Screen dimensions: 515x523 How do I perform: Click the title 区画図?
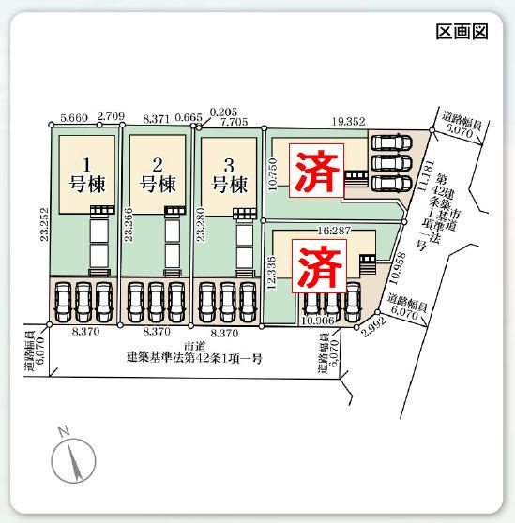click(462, 32)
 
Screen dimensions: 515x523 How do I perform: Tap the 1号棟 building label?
click(87, 175)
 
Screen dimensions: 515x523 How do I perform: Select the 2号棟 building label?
click(158, 175)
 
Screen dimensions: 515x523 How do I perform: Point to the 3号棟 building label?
click(230, 176)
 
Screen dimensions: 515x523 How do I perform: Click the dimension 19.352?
click(348, 122)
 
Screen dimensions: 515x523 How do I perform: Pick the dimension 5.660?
click(74, 117)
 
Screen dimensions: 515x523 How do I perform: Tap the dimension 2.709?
click(111, 116)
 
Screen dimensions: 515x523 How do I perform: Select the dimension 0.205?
click(223, 112)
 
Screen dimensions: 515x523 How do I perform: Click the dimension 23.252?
click(44, 224)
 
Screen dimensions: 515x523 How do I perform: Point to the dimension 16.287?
click(334, 231)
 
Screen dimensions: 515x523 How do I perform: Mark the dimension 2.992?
click(373, 327)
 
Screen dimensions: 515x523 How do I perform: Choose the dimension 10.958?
click(398, 268)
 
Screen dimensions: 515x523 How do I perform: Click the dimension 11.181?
click(426, 176)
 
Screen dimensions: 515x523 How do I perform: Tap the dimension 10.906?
click(318, 321)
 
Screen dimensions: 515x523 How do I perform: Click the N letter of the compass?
click(64, 431)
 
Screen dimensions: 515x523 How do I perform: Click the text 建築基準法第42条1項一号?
click(194, 358)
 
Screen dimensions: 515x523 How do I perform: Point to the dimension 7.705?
click(235, 122)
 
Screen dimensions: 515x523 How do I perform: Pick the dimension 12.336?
click(272, 273)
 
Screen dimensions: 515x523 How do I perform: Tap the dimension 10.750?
click(273, 174)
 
